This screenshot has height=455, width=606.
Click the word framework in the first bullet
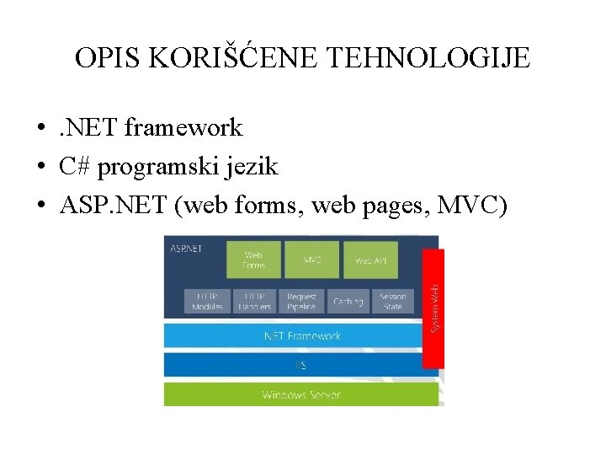183,128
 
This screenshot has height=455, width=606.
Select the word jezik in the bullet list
250,167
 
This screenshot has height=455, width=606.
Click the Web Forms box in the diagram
253,260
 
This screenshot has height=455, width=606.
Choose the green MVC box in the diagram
312,260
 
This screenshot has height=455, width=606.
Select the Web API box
369,260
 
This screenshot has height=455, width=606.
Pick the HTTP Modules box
207,301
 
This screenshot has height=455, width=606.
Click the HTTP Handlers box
254,301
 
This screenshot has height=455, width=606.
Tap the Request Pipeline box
301,301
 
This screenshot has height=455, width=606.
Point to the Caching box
348,301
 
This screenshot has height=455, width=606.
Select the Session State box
392,301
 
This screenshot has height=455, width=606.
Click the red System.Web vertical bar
433,308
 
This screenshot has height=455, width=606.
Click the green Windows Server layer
301,394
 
